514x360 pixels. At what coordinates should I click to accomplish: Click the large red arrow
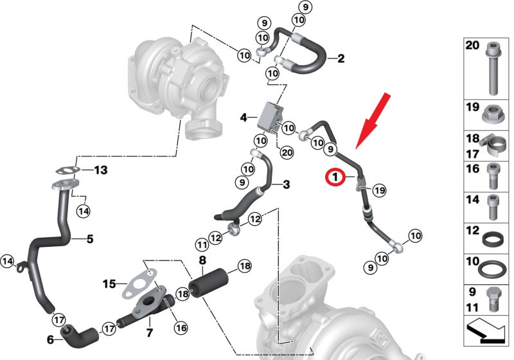coord(373,121)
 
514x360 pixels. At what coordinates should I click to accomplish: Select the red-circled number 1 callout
coord(335,177)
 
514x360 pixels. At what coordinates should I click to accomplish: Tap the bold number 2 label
coord(341,59)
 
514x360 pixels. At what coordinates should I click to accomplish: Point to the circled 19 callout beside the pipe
coord(379,190)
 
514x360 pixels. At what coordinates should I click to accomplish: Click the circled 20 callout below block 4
coord(287,152)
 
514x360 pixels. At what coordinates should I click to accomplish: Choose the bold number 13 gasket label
coord(101,170)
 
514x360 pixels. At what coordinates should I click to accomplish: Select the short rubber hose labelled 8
coord(209,283)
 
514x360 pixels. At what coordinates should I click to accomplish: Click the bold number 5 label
coord(90,239)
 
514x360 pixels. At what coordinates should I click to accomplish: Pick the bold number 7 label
coord(150,333)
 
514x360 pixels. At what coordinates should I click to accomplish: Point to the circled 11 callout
coord(202,244)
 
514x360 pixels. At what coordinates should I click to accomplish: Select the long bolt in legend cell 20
coord(493,69)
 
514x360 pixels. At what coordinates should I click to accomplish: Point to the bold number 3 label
coord(287,184)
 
